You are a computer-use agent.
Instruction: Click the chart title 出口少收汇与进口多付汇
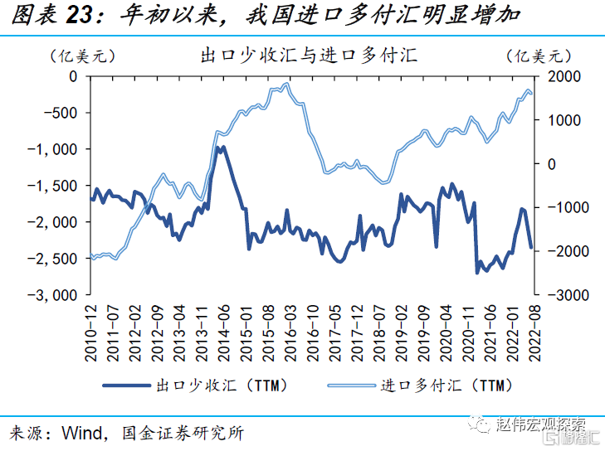coord(309,56)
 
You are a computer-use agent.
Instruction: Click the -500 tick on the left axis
coord(60,113)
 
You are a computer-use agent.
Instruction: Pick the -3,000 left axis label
coord(53,295)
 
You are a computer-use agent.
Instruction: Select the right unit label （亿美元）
coord(539,56)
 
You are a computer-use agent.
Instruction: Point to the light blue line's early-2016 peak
coord(287,84)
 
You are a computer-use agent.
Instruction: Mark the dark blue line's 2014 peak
coord(219,148)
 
